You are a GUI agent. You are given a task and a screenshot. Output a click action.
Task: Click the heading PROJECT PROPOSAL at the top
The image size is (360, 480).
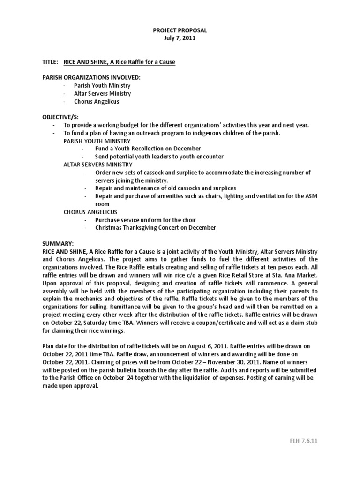click(x=180, y=30)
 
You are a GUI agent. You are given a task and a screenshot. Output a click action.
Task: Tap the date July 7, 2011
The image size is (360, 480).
click(x=180, y=38)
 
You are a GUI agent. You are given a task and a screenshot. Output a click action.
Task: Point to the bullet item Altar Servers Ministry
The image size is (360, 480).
click(x=102, y=93)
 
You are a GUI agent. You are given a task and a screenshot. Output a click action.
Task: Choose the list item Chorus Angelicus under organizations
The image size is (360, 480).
click(x=96, y=101)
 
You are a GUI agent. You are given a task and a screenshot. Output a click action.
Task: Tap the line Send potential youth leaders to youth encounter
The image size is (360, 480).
click(x=159, y=157)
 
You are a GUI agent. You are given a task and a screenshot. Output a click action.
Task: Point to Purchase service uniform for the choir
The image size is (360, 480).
click(x=145, y=220)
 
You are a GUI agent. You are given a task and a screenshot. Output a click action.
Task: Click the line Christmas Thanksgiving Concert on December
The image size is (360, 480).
click(x=155, y=228)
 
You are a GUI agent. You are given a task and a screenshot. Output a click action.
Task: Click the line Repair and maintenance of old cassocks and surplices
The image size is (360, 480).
click(x=165, y=188)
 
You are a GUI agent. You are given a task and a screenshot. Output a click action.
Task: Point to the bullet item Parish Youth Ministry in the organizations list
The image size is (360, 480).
click(x=102, y=85)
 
